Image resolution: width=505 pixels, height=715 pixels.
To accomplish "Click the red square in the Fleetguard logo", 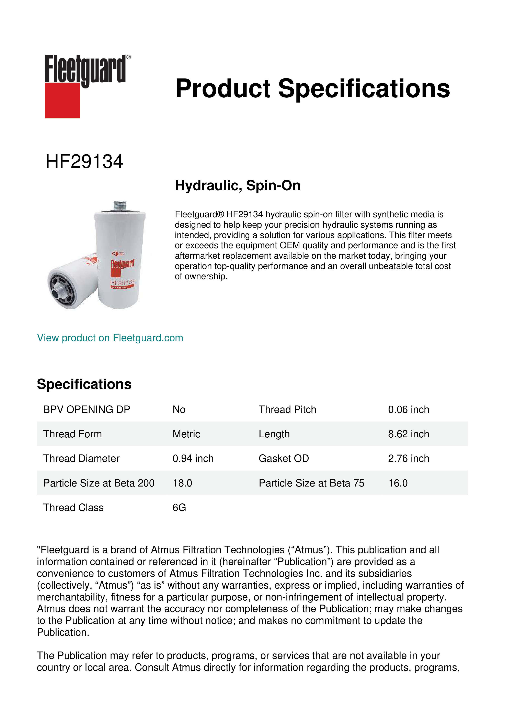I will (x=62, y=100).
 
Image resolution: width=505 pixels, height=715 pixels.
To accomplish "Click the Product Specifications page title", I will (x=312, y=88).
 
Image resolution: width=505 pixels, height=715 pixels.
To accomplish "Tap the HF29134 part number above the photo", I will (x=84, y=162).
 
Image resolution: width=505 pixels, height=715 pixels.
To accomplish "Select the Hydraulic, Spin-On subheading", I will (x=238, y=186).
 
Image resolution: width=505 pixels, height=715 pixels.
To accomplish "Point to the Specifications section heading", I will (x=84, y=384).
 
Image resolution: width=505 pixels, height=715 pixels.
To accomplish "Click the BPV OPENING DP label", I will (x=87, y=409).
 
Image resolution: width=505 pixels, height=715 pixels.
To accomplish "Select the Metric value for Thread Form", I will (x=186, y=434).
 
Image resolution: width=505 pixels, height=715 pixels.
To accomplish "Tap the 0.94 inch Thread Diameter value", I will (x=193, y=459).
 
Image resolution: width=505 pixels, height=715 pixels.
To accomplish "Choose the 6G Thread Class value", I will (x=179, y=508).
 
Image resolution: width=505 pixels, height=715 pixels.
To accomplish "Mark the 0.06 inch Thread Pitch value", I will (x=408, y=409).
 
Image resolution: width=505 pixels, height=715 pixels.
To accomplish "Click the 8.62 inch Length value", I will (x=408, y=434).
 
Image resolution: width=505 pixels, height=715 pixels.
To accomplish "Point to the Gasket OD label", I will (x=284, y=459).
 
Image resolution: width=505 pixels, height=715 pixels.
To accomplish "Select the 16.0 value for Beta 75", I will (x=398, y=483).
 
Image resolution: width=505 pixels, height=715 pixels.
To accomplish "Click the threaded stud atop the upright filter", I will (x=120, y=206).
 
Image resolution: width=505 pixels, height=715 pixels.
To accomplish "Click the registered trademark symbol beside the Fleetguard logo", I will (x=129, y=57).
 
